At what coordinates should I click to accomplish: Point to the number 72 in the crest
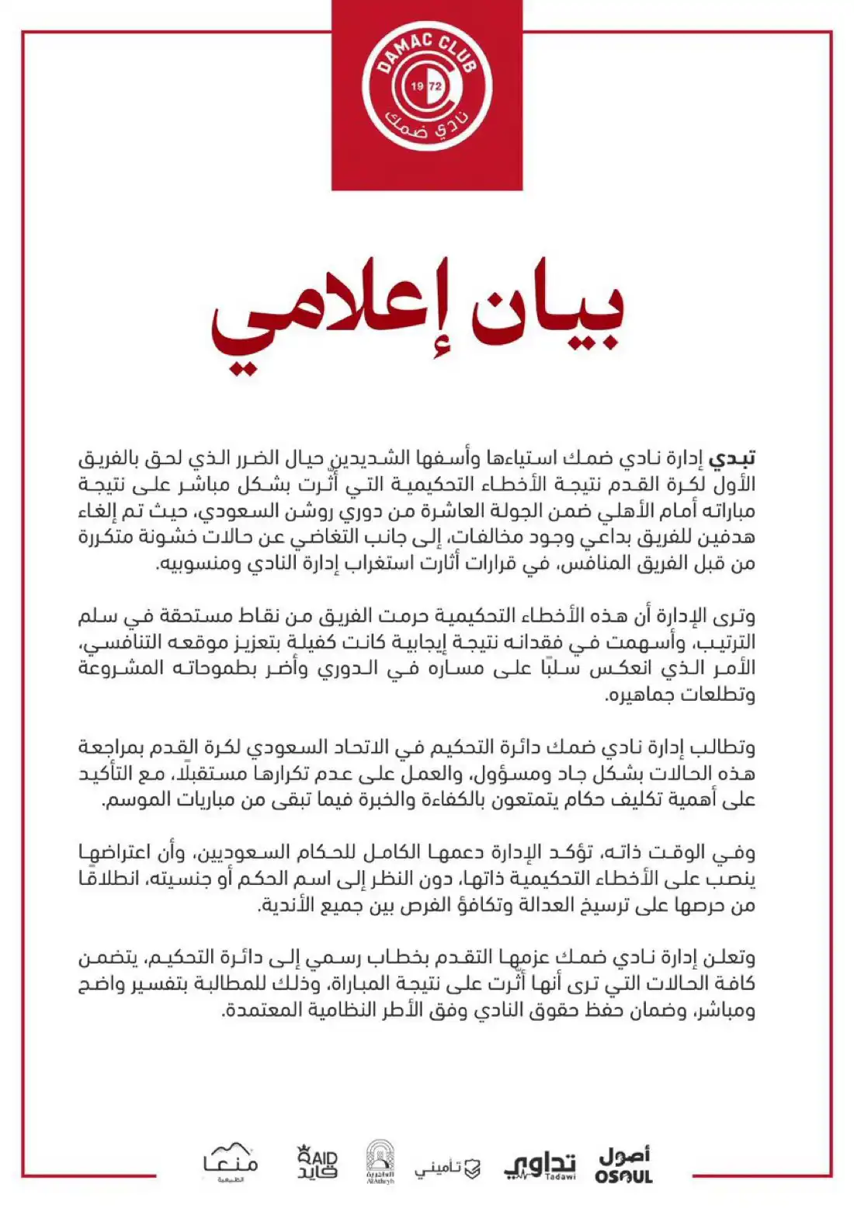[436, 86]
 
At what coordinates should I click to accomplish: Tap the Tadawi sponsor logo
[541, 1165]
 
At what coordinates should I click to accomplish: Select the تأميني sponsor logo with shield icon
[447, 1168]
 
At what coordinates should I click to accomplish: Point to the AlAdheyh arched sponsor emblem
[380, 1162]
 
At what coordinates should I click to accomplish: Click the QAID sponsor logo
[318, 1163]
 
